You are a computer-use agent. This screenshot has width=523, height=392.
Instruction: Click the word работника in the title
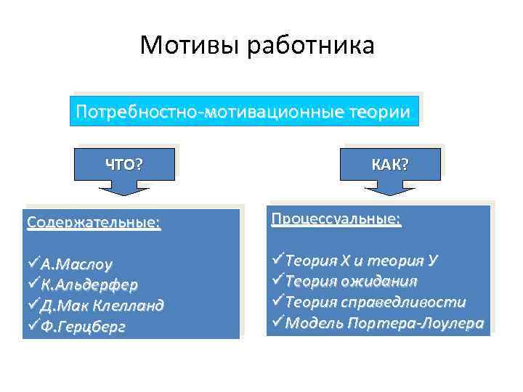(312, 46)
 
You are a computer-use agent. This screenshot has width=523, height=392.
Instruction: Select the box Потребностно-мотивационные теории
(244, 110)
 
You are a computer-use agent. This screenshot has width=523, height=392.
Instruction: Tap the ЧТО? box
(123, 164)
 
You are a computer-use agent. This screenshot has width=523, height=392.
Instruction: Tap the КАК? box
(390, 164)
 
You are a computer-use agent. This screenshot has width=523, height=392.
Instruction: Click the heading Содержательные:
(93, 221)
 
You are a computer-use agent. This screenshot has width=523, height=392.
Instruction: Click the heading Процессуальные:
(336, 219)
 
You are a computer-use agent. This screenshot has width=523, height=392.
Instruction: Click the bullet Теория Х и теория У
(360, 259)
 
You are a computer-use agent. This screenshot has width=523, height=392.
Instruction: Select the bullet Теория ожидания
(351, 280)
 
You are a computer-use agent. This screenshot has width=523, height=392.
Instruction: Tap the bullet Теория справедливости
(375, 301)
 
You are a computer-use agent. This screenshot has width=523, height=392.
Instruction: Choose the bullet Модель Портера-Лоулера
(384, 322)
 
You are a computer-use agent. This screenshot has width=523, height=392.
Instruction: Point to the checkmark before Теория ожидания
(278, 280)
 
